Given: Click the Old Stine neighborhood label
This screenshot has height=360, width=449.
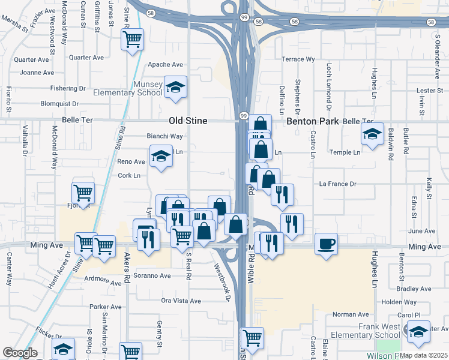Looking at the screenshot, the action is [188, 121].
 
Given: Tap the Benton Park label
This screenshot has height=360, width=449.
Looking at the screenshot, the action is [313, 121].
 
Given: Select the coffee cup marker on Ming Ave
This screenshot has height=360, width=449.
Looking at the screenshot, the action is [326, 244].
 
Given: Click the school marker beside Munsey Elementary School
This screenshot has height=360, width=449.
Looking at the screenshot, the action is [175, 87].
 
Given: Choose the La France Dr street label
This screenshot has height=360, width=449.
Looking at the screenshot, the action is [338, 184].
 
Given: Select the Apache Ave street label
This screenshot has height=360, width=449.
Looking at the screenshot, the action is [165, 64].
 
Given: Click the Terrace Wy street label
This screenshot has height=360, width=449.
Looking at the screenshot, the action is [298, 59].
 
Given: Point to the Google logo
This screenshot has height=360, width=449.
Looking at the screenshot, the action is [20, 353].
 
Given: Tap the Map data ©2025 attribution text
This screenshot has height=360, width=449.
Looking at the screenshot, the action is [423, 355].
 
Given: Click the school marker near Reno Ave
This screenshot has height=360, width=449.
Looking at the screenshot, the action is [161, 157].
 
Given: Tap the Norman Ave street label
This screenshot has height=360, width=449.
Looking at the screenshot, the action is [351, 314].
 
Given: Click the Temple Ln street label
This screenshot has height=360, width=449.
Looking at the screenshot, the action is [345, 152].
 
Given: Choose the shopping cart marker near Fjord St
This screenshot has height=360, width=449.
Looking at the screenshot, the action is [83, 193].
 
